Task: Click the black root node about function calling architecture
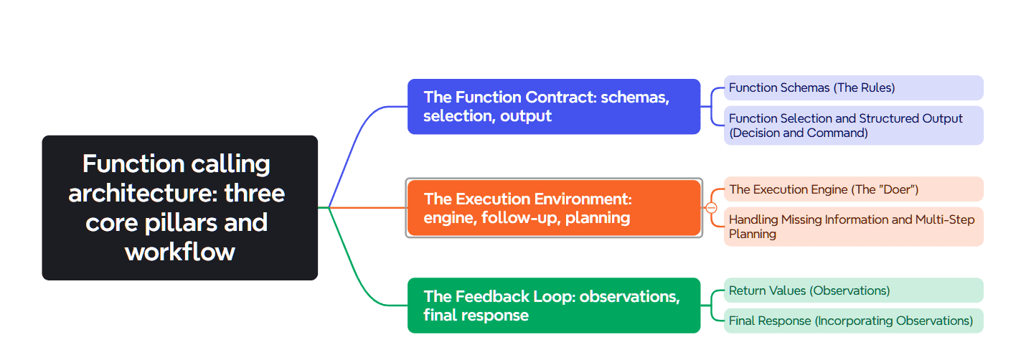[x=179, y=207]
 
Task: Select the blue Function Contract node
[x=553, y=107]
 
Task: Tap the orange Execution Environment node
[x=553, y=208]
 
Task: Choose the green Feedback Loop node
[x=553, y=305]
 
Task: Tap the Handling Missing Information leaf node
[x=852, y=227]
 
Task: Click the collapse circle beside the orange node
[x=711, y=208]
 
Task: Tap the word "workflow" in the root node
[x=179, y=252]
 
